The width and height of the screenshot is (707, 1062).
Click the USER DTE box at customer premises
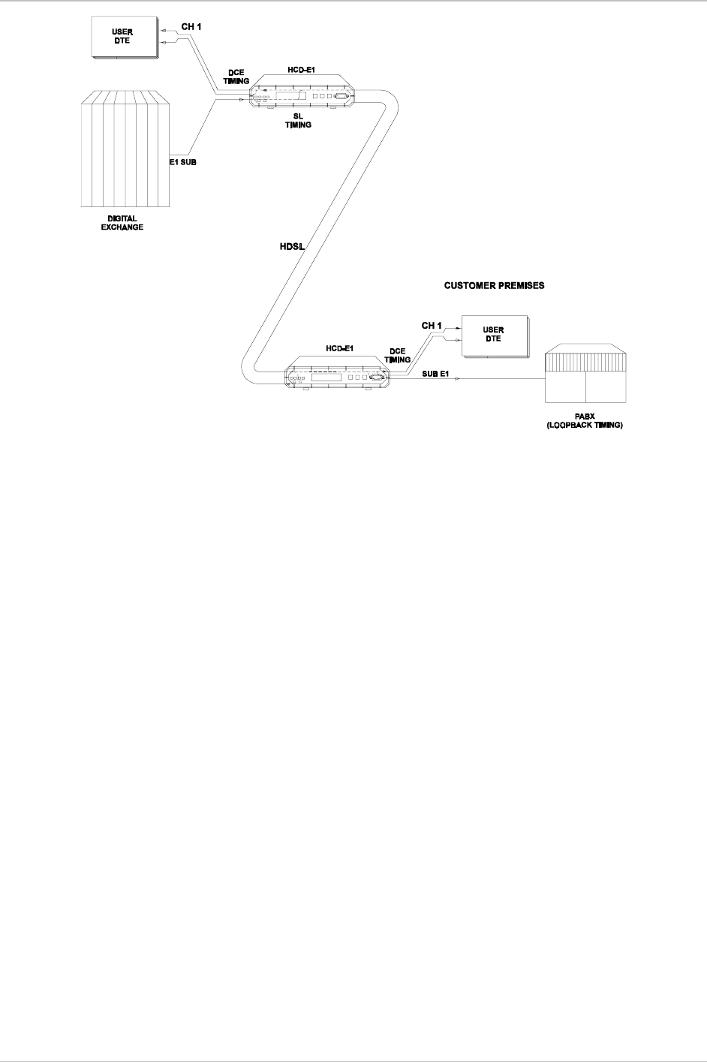click(x=493, y=334)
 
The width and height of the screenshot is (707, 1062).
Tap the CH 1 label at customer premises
click(x=432, y=325)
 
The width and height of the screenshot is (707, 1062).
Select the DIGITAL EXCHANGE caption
click(x=122, y=223)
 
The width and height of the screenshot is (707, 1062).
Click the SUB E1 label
click(x=435, y=374)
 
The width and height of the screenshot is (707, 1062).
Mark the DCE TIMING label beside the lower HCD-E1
click(x=397, y=355)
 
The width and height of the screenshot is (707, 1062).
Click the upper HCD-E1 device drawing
click(x=300, y=94)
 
